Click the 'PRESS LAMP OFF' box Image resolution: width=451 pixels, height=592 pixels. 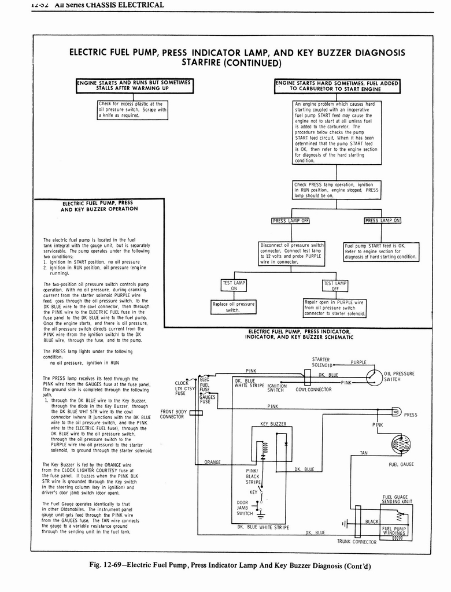tap(291, 220)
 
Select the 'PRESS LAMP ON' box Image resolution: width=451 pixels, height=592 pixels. tap(382, 220)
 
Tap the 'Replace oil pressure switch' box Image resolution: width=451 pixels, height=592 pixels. tap(233, 306)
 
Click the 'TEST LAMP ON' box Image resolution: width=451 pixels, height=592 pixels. tap(234, 285)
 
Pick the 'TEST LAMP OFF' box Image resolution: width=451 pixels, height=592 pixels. tap(335, 285)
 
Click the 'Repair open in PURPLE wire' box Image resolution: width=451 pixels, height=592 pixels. tap(335, 308)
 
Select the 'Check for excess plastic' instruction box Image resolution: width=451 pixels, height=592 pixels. tap(132, 109)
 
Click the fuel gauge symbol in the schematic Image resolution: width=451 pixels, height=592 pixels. tap(401, 445)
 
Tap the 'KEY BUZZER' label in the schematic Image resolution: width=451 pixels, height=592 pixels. tap(273, 424)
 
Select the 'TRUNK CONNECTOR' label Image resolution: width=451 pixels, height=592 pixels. tap(357, 542)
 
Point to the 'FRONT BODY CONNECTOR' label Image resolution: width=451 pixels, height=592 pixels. tap(172, 414)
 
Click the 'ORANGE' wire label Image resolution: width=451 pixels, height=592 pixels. tap(213, 462)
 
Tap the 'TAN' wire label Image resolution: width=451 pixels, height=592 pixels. tap(363, 453)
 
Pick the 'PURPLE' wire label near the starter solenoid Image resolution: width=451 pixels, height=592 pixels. tap(358, 362)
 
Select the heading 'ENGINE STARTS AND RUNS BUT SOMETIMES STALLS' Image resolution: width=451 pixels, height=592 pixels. tap(134, 86)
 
